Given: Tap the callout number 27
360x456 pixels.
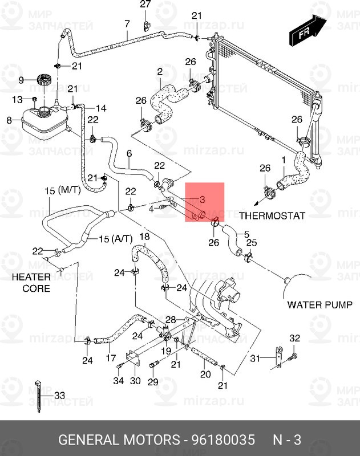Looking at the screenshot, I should coord(145,5).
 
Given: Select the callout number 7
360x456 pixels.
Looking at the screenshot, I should coord(127,23).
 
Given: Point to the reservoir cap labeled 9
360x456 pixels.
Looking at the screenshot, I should coord(42,80).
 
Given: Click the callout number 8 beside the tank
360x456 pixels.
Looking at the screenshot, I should coord(9,120).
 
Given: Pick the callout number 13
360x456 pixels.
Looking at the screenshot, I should coord(17,100).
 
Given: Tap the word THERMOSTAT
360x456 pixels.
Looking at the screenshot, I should coord(272,215).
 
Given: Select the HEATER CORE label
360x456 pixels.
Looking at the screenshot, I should coord(36,282).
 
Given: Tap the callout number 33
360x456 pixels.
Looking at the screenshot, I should coord(60,395).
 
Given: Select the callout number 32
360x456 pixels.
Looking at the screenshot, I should coord(294,339).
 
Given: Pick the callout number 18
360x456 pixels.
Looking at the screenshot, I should coord(144,237).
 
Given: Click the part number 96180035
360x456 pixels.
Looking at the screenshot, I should coord(223,440).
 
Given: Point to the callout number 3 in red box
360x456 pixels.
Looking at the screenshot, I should coord(201,199).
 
